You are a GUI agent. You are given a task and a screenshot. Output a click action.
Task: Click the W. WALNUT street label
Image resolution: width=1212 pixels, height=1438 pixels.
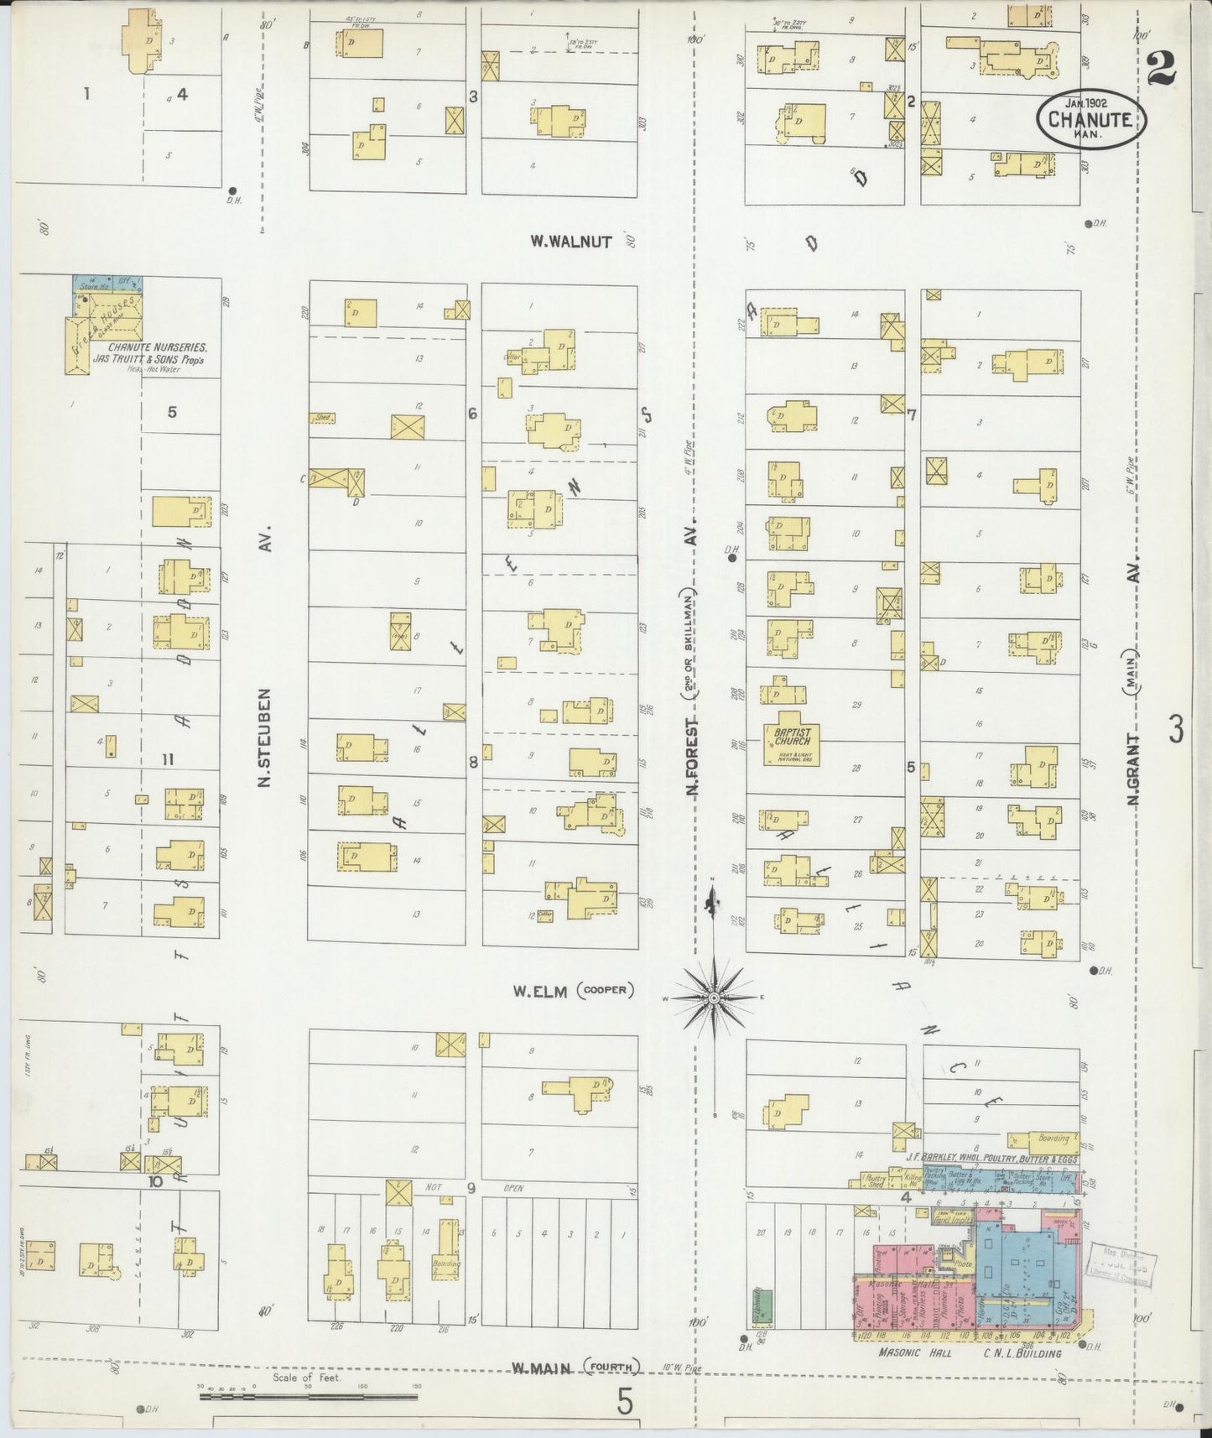[x=571, y=242]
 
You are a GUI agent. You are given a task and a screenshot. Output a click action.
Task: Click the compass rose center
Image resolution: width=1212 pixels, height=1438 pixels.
[x=713, y=998]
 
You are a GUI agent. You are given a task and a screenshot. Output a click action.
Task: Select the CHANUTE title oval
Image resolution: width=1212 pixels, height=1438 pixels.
[x=1090, y=119]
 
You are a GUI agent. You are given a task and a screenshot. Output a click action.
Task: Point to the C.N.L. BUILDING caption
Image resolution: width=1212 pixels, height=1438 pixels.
[x=1022, y=1353]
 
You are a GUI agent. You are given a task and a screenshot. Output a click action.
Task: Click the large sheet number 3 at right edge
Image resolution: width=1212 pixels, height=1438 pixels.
[x=1176, y=732]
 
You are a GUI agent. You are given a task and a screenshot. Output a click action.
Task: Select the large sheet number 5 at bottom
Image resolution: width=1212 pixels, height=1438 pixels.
[x=623, y=1401]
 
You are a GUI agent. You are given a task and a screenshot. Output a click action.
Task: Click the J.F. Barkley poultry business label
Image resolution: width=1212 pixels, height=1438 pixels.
[x=990, y=1159]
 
